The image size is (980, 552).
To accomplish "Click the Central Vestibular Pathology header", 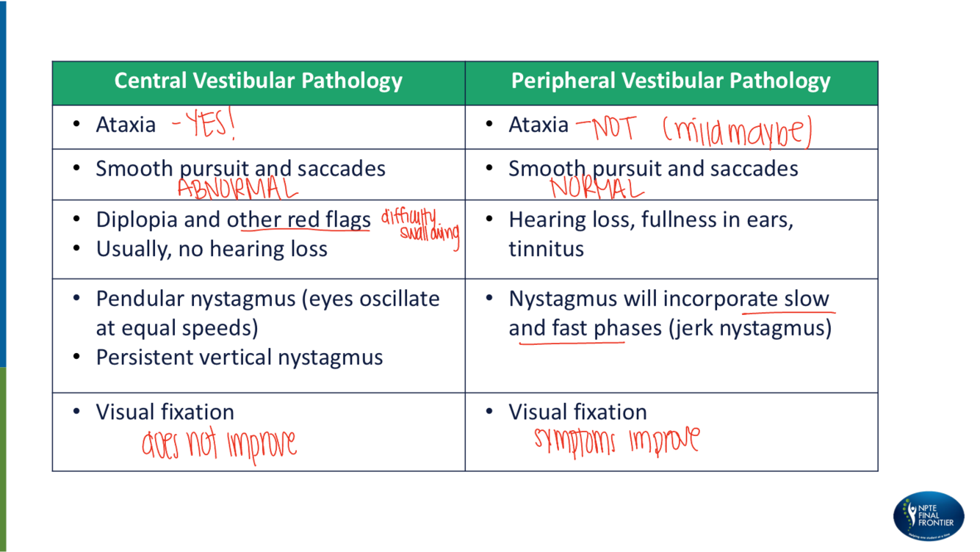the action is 258,81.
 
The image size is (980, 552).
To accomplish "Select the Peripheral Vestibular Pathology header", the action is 671,81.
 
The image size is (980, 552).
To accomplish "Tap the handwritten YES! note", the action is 203,126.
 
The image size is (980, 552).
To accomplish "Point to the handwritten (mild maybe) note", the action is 737,132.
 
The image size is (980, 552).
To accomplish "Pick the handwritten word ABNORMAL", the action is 237,189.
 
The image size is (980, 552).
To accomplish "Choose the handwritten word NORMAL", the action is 597,189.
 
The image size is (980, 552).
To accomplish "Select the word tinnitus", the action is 546,249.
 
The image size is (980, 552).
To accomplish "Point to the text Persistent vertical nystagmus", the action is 239,357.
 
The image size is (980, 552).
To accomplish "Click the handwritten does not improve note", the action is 219,444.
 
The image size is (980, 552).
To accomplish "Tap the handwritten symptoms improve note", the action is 616,440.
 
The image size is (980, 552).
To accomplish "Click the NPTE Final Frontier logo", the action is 929,517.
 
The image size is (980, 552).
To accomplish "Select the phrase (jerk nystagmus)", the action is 750,327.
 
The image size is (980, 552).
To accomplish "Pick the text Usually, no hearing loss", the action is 212,249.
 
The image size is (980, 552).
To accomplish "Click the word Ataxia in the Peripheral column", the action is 538,125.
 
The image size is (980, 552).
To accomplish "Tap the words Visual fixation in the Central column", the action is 165,412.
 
